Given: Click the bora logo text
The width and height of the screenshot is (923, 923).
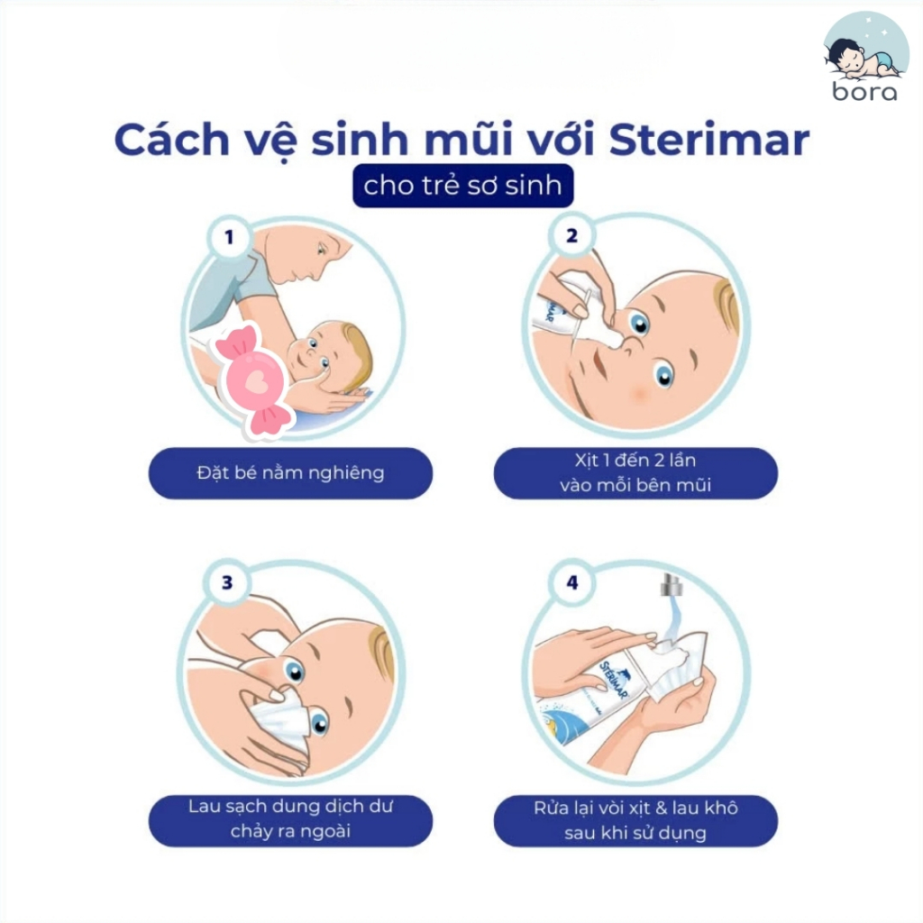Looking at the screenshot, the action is coord(864,91).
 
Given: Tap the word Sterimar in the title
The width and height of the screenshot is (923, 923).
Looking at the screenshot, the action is coord(709,140).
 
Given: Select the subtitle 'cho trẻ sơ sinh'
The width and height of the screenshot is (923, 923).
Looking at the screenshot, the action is coord(462,186).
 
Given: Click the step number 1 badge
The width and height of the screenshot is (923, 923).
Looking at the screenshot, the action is coord(229,237).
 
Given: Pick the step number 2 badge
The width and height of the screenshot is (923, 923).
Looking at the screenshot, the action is coord(571,235).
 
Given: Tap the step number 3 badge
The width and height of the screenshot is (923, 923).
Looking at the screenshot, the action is coord(227,582).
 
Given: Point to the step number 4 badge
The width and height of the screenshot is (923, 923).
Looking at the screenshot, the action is coord(572,582).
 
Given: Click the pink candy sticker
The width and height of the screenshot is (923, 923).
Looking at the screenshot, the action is coord(253,380).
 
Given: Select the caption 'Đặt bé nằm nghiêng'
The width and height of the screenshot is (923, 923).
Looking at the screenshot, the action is coord(290,472).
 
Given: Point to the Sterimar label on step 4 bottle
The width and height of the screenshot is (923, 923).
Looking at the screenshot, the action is coord(614,678).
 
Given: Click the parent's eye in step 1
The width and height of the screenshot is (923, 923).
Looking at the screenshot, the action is coord(321,250).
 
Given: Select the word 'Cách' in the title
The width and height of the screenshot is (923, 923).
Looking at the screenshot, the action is coord(172,140).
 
